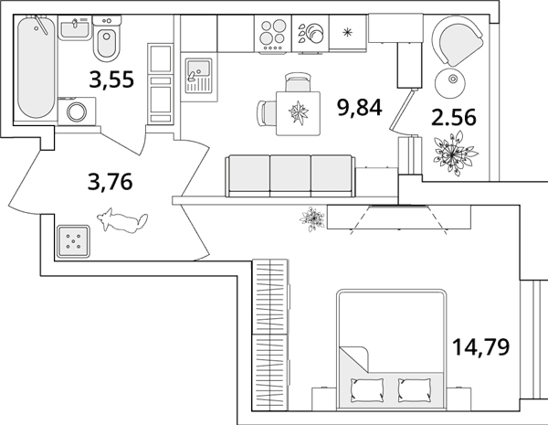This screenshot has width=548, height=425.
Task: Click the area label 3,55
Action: [x=111, y=79]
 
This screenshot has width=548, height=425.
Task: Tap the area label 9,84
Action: [x=359, y=107]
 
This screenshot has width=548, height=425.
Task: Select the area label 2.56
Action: [x=454, y=117]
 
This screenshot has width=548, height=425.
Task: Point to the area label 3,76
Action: [x=111, y=182]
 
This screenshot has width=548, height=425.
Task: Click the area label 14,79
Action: [x=481, y=346]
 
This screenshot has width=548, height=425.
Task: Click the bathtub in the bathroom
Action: [x=36, y=68]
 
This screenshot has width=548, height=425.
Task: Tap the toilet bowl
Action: [x=107, y=38]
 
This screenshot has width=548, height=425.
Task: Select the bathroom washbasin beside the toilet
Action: [x=75, y=28]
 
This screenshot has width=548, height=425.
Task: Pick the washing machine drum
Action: [x=77, y=112]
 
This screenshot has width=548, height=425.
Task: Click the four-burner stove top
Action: [x=273, y=34]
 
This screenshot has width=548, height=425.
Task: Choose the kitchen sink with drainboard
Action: [x=198, y=76]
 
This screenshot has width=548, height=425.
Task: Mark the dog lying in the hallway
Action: [x=122, y=220]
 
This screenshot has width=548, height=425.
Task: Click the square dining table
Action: [x=298, y=113]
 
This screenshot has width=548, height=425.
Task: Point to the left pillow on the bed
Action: [x=367, y=389]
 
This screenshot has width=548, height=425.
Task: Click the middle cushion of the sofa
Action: [x=290, y=174]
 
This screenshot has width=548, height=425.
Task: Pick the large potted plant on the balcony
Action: [x=454, y=154]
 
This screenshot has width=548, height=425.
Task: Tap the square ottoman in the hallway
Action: [x=73, y=241]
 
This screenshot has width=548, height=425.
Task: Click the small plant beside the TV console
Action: [x=312, y=219]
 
